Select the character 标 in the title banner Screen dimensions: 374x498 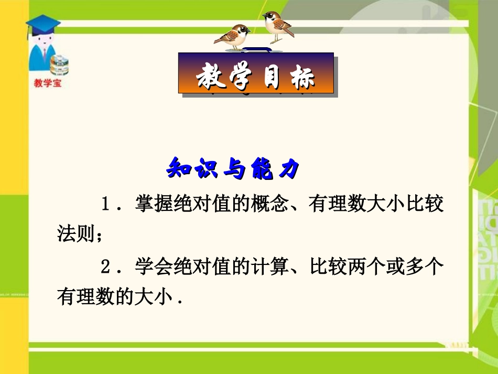tap(302, 77)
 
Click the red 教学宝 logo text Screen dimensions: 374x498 tap(47, 83)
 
